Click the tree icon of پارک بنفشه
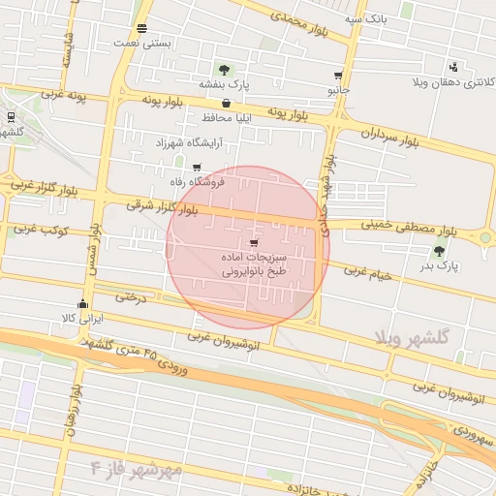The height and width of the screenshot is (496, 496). coord(225,70)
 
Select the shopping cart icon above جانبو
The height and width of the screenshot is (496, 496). coord(337,76)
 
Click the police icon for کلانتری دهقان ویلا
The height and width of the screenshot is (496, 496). coord(453,67)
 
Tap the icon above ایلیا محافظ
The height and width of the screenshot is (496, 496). coord(226,103)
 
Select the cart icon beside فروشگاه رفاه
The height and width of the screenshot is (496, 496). coord(197,167)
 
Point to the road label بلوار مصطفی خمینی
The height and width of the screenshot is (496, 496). coord(409,228)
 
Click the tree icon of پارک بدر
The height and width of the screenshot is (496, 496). coord(439,251)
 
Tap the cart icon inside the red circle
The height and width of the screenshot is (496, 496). coord(254,243)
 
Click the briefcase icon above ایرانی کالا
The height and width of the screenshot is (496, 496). coord(81,304)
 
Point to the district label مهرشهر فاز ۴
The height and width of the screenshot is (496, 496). coord(136,470)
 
